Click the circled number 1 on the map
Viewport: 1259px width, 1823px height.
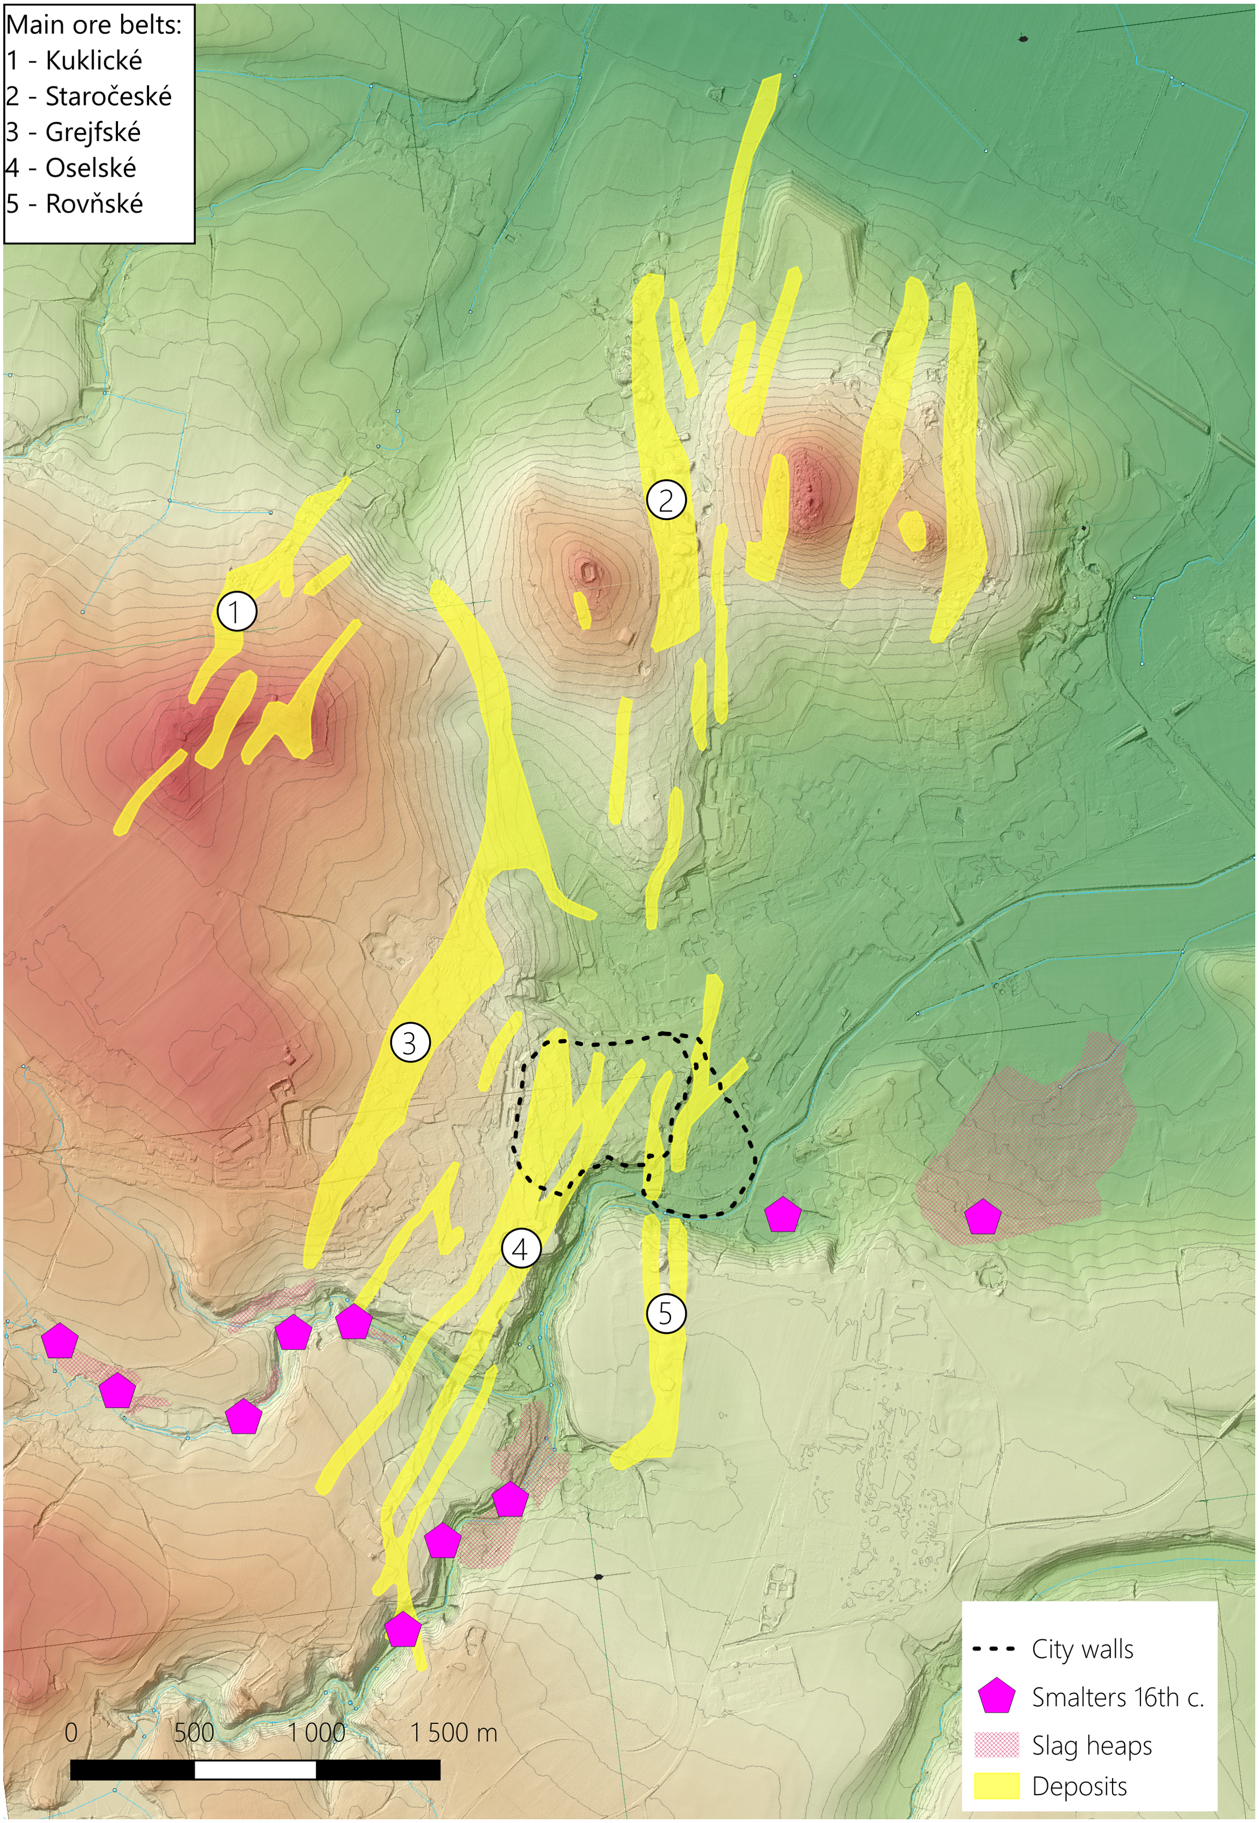click(x=236, y=611)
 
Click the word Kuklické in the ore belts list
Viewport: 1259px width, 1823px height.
click(x=94, y=61)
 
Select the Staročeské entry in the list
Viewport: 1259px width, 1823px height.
click(x=108, y=96)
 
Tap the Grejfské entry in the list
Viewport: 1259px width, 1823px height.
click(x=93, y=132)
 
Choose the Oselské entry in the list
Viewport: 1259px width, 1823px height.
click(x=90, y=168)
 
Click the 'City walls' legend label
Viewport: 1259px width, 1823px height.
click(x=1082, y=1649)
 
